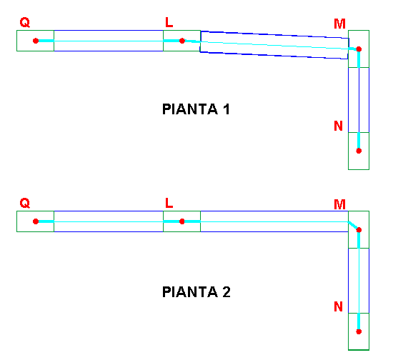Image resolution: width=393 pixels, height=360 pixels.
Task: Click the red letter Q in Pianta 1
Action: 25,23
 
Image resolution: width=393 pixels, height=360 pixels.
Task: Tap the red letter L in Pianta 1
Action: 169,22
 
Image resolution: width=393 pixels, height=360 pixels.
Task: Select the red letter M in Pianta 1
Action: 339,24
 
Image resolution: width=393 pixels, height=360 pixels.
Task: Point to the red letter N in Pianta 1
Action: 339,126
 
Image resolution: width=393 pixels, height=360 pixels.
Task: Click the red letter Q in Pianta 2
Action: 25,203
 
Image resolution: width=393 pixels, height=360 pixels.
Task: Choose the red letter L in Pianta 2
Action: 169,203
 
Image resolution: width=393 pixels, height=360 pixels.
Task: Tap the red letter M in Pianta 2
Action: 339,205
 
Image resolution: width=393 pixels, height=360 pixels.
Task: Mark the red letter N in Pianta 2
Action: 339,306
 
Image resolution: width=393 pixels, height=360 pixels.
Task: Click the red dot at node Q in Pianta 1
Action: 36,41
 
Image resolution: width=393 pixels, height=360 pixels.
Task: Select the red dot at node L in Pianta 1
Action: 182,41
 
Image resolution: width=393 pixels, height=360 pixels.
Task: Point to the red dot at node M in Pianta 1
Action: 359,49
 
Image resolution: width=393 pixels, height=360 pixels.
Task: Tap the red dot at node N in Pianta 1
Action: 359,151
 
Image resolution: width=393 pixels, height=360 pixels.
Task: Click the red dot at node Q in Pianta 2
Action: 36,221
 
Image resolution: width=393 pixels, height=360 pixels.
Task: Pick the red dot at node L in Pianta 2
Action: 182,221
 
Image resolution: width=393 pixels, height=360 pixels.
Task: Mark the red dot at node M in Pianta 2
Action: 359,230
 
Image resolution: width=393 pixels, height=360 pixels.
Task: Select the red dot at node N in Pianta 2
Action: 359,331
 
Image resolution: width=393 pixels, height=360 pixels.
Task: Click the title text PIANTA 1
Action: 196,109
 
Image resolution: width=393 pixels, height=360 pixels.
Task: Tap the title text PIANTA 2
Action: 196,292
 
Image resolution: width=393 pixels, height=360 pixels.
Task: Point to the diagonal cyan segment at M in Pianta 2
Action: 352,225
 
